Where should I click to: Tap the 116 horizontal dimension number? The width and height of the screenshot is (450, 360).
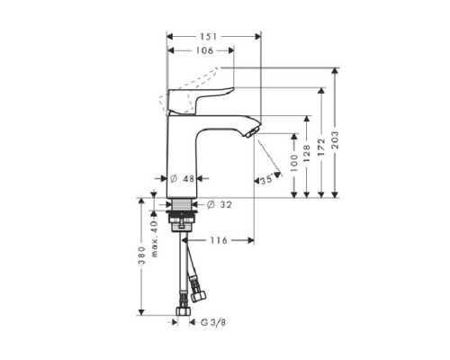point(217,240)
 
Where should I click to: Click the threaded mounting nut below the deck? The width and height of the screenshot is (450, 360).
point(182,217)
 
